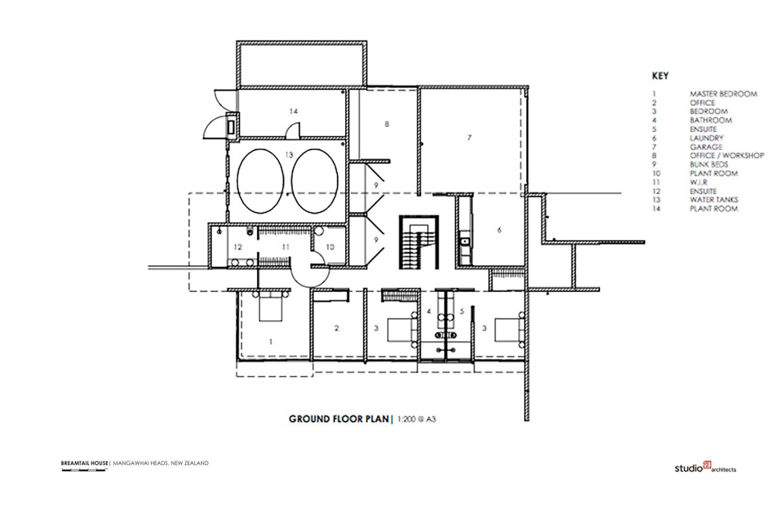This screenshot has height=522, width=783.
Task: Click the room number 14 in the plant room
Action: point(293,111)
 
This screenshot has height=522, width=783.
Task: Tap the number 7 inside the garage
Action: point(469,137)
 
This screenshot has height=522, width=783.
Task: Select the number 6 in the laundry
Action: point(499,230)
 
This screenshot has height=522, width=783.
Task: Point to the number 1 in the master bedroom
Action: point(271,341)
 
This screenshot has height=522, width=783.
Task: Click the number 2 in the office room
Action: point(337,328)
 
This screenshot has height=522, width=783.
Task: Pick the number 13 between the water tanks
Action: point(289,155)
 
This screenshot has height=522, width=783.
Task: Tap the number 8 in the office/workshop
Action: point(387,124)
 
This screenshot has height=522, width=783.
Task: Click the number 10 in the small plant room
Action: point(330,247)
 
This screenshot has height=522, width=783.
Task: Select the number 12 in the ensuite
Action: point(238,247)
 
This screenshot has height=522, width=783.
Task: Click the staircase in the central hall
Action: point(419,242)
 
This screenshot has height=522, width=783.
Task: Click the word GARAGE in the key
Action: point(706,147)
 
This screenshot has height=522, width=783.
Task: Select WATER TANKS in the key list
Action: point(714,200)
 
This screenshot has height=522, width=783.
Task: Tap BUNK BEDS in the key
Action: point(709,165)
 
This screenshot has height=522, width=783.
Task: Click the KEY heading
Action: point(660,76)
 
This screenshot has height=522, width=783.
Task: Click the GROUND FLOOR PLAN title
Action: point(339,419)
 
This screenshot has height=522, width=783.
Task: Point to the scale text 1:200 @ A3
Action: point(417,419)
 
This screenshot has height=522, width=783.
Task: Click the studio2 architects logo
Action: point(705,467)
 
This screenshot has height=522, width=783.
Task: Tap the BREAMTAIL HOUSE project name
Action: point(85,463)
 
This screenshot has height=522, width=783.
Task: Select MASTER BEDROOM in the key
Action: point(723,94)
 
